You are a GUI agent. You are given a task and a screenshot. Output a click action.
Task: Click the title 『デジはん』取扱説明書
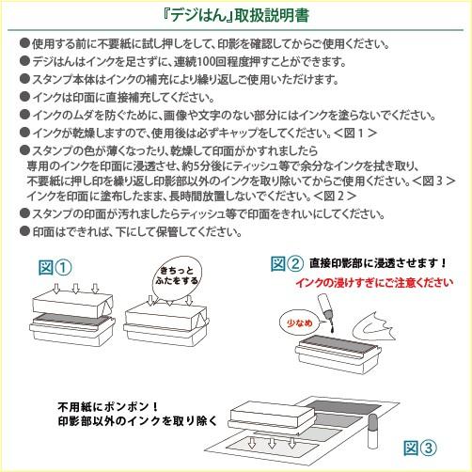(236, 15)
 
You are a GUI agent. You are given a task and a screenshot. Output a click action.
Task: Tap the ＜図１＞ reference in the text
(355, 134)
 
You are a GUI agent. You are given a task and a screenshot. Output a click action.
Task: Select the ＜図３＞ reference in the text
(433, 181)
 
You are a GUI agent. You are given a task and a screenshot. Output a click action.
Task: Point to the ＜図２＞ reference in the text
(335, 197)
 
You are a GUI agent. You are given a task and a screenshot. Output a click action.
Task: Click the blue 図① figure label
(55, 268)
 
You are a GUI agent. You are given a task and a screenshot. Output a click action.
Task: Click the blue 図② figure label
(287, 263)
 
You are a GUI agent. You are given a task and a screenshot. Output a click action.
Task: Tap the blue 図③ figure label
(420, 448)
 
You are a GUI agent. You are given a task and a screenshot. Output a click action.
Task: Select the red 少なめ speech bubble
(300, 323)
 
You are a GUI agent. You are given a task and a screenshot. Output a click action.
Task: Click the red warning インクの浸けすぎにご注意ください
(374, 282)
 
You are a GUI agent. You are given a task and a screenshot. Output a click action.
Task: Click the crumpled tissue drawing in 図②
(373, 328)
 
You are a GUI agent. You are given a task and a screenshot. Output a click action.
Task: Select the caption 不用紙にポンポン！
(108, 407)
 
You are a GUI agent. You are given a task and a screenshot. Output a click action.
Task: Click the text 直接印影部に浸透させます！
(378, 263)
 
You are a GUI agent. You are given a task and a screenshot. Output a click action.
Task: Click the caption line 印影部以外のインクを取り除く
(137, 421)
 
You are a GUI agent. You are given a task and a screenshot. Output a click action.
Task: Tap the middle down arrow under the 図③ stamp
(272, 443)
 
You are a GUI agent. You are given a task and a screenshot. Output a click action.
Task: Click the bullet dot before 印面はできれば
(24, 231)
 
